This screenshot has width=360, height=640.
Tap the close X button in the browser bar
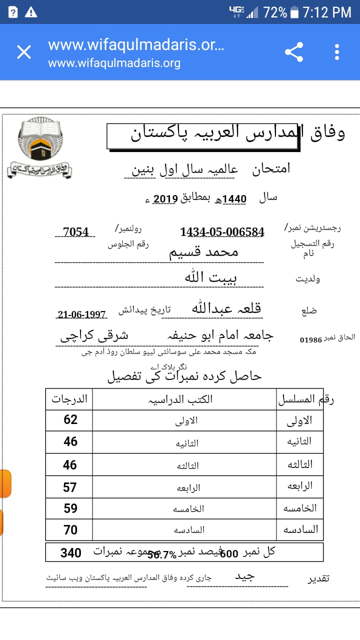point(24,52)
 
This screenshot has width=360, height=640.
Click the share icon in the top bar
point(294,52)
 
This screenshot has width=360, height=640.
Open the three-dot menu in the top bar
point(337,52)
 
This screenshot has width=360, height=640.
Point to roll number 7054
point(75,232)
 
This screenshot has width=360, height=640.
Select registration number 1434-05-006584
point(222,232)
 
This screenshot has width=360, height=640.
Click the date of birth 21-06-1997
point(82,314)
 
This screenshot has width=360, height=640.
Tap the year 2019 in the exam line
point(165,198)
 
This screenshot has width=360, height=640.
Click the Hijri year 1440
point(234,198)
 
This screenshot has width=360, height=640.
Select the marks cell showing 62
point(70,419)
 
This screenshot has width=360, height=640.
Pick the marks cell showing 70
point(70,529)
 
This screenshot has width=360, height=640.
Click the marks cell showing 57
point(70,487)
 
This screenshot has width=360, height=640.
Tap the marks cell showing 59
point(70,508)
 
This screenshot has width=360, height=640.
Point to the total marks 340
point(71,552)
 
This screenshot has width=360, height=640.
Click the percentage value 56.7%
point(161,554)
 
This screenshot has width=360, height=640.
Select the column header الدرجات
point(69,399)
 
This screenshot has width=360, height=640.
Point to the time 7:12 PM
point(327,12)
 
